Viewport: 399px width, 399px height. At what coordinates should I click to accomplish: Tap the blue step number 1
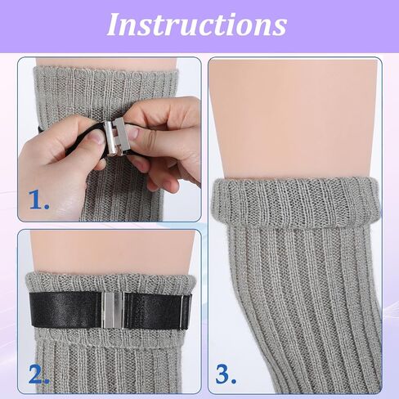click(x=39, y=199)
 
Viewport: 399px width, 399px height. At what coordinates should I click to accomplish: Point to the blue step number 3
click(x=226, y=374)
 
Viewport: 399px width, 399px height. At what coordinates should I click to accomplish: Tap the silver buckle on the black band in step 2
click(x=113, y=310)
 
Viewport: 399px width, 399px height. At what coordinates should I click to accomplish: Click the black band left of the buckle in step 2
click(x=66, y=309)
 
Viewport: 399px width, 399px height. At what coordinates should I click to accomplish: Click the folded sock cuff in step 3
click(x=296, y=202)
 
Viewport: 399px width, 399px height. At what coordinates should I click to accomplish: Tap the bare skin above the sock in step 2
click(x=112, y=251)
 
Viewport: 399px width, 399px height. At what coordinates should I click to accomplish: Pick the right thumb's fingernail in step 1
click(x=133, y=133)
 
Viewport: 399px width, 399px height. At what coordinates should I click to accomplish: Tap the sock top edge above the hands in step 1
click(x=106, y=71)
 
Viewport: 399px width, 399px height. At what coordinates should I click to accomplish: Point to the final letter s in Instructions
click(x=280, y=28)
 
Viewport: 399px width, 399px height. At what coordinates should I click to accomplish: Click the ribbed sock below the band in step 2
click(x=109, y=360)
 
